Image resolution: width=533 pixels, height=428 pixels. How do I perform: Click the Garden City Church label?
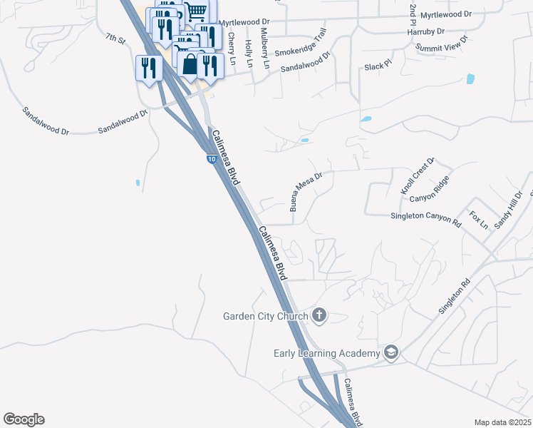265,316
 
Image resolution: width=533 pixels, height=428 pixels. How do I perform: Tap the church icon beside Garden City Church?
319,315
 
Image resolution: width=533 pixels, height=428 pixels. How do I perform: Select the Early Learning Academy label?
327,353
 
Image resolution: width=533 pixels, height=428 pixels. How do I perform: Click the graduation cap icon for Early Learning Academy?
390,352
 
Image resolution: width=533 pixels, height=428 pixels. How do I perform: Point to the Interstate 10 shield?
212,159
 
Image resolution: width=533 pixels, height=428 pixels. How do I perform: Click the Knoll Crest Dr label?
418,177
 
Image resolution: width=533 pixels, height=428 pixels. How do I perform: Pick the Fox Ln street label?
479,219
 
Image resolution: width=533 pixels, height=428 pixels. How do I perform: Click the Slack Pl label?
378,66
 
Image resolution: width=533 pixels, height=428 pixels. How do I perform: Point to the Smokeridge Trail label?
300,44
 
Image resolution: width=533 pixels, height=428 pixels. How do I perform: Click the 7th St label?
115,39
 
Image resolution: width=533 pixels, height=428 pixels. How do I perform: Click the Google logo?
24,419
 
